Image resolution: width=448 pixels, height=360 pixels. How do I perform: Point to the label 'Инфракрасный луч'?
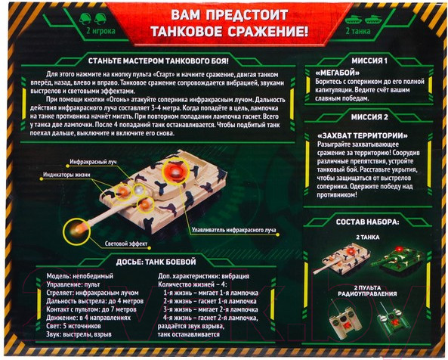tap(115, 162)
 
